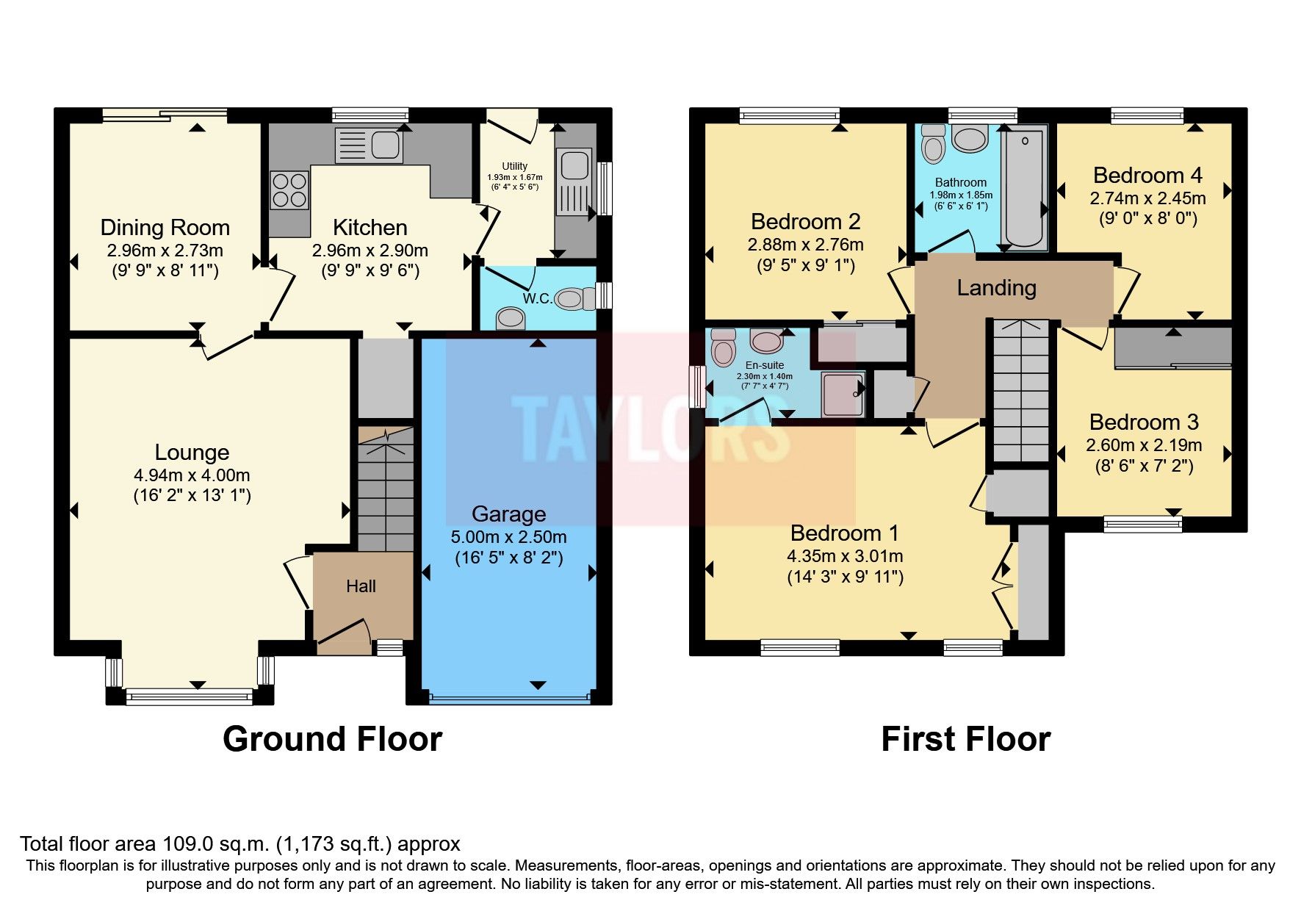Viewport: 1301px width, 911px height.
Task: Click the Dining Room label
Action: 165,228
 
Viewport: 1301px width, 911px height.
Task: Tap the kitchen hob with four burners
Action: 289,190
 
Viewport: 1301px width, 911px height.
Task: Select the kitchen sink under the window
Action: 369,145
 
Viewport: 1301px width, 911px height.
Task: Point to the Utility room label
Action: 514,166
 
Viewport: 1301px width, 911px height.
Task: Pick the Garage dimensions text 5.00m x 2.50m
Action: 509,537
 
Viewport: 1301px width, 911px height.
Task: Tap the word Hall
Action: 361,586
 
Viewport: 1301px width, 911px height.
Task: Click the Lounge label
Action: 192,453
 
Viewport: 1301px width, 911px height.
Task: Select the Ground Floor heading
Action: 332,739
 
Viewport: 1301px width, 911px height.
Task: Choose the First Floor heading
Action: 965,739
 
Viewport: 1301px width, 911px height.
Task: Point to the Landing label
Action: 996,288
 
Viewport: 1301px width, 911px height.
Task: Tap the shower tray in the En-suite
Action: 843,394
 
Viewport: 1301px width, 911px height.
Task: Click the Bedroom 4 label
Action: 1147,176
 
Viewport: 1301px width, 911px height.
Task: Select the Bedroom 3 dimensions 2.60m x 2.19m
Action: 1144,445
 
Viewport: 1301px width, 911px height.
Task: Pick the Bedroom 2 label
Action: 805,222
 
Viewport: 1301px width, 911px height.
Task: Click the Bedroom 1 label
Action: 845,533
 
